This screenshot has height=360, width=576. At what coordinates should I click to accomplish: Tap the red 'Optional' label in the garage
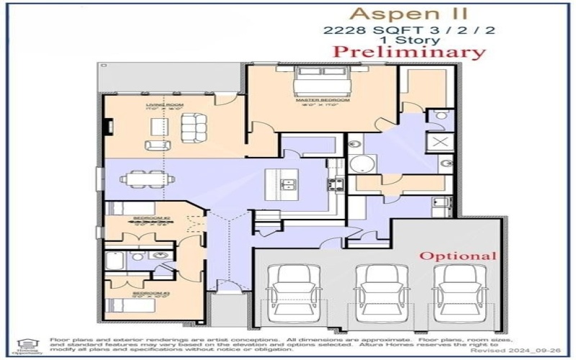click(458, 256)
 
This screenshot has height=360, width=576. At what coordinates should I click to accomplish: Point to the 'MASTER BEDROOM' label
click(322, 100)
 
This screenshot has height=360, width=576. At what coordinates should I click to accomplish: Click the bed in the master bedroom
click(322, 81)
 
